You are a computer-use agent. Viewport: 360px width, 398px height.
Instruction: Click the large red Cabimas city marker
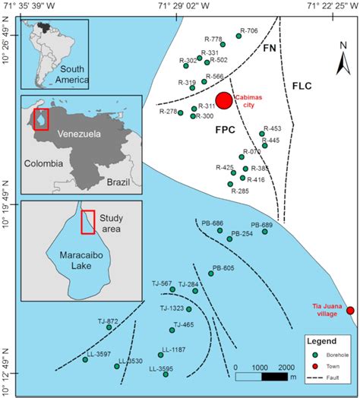224,101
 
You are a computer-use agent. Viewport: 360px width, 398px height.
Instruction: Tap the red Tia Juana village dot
350,310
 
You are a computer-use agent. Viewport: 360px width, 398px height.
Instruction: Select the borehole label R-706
249,31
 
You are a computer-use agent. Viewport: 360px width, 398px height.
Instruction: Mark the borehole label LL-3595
160,368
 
